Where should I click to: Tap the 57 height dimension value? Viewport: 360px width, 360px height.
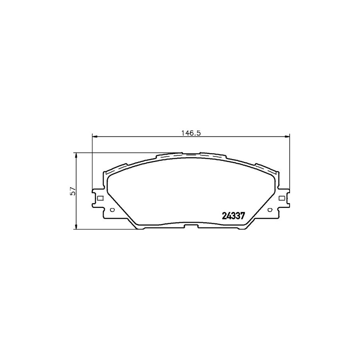[72, 191]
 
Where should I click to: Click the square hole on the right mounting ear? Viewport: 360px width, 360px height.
[281, 198]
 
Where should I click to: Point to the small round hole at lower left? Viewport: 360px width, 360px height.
[112, 210]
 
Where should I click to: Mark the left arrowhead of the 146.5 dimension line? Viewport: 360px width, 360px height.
[95, 137]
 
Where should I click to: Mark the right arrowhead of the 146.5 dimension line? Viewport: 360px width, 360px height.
[287, 137]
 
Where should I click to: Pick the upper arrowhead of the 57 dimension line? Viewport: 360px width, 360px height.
[76, 155]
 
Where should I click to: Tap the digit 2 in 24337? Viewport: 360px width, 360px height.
[224, 216]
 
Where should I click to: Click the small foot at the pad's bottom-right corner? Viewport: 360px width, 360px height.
[242, 229]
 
